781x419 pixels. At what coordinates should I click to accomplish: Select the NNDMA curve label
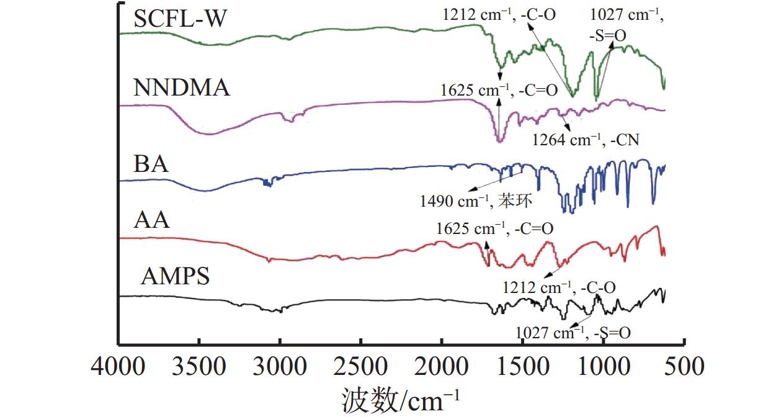(x=182, y=88)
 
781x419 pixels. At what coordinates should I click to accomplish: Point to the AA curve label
(x=151, y=220)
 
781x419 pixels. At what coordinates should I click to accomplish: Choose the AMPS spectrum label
(x=176, y=276)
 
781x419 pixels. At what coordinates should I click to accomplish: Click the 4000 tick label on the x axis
(x=118, y=366)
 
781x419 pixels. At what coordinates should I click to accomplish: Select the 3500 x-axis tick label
(x=199, y=366)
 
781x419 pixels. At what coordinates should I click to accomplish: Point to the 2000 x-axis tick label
(x=441, y=366)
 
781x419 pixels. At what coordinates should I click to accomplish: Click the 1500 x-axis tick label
(x=522, y=366)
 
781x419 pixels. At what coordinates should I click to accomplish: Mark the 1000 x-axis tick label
(x=602, y=366)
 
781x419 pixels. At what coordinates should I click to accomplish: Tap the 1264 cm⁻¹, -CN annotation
(x=585, y=140)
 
